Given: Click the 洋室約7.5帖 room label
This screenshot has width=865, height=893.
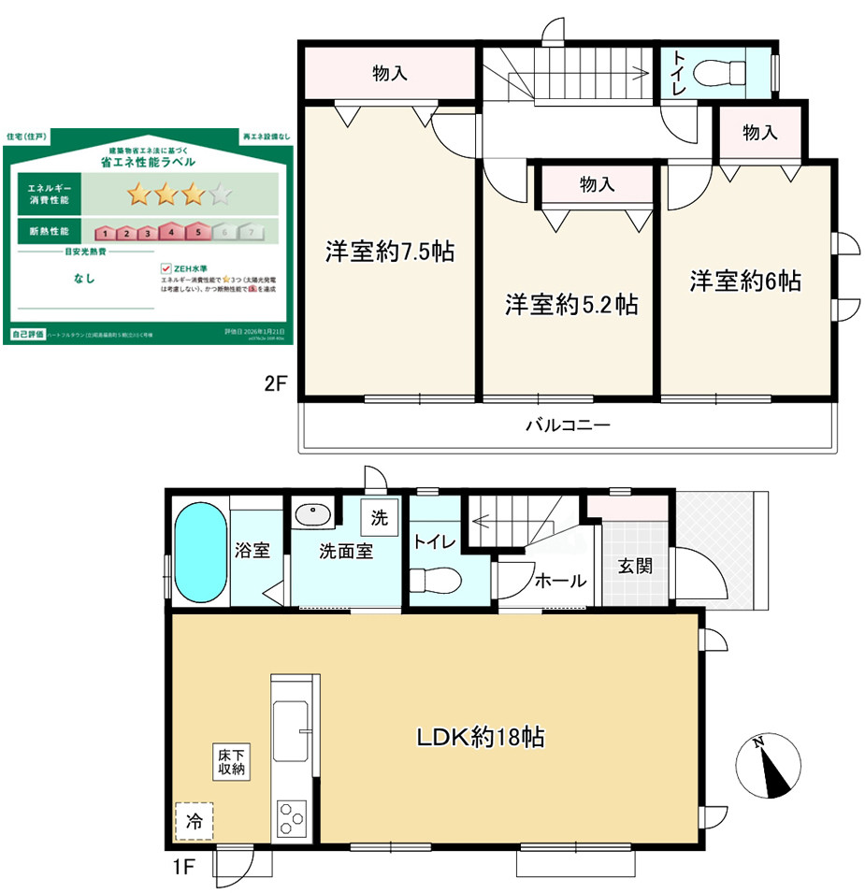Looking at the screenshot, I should click(390, 252).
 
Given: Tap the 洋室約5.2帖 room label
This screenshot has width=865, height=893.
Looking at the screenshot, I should click(571, 305).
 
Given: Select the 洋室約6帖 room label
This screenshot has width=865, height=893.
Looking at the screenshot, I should click(745, 281).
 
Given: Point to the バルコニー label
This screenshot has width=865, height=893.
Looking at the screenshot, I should click(567, 426).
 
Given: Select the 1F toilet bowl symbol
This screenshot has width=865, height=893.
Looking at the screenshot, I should click(436, 580).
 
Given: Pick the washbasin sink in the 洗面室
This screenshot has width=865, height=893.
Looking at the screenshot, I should click(310, 514).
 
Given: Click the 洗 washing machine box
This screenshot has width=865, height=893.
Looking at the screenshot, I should click(381, 516).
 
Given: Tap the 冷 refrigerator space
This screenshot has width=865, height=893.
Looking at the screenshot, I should click(194, 824).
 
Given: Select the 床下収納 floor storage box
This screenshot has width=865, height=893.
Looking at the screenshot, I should click(231, 761).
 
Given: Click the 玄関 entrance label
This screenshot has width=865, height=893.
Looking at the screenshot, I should click(635, 566).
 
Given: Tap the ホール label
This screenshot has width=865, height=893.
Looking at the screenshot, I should click(560, 581).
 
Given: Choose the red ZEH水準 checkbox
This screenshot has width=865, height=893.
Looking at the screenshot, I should click(166, 267).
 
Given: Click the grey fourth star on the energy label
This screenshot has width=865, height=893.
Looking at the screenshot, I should click(221, 194).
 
